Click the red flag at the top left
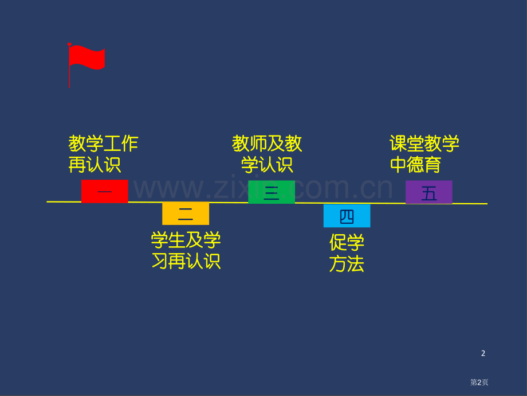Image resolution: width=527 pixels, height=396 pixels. (x=88, y=58)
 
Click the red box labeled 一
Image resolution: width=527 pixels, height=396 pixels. (x=104, y=191)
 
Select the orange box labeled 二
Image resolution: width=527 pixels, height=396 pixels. (x=186, y=213)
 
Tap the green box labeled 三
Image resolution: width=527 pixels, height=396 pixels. (x=272, y=192)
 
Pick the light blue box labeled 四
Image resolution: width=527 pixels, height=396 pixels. (x=347, y=216)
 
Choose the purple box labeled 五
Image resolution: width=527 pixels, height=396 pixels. (x=428, y=192)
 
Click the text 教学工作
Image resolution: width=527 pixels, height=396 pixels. (x=104, y=143)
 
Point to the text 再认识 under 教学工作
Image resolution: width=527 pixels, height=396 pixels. (x=95, y=165)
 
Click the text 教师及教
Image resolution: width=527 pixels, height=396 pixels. (x=267, y=143)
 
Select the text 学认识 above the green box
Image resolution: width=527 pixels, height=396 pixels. (x=267, y=165)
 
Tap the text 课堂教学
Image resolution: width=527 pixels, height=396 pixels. (x=424, y=143)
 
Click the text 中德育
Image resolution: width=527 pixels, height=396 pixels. (x=415, y=165)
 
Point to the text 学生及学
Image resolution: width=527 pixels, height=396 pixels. (x=186, y=239)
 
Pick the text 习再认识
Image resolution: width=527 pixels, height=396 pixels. (x=186, y=261)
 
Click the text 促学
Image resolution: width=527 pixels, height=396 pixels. (x=347, y=242)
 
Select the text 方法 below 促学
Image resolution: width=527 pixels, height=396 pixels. (x=347, y=264)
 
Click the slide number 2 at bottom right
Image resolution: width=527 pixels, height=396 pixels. (x=483, y=354)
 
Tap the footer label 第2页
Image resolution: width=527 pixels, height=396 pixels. (x=479, y=382)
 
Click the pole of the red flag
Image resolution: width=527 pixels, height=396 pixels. (x=69, y=77)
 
